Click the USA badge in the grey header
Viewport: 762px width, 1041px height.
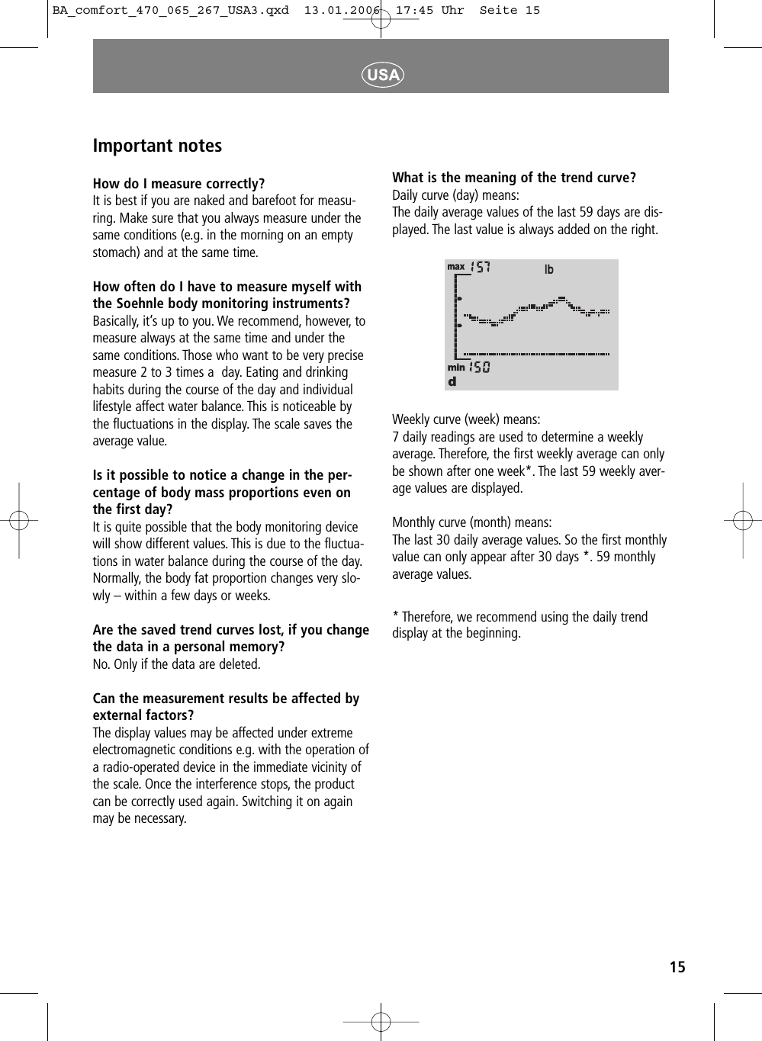(x=382, y=74)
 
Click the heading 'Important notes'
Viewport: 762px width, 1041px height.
(x=157, y=146)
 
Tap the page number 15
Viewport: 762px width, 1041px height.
(x=677, y=968)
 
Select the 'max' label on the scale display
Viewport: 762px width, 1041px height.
(x=456, y=267)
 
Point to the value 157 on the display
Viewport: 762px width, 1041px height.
(x=481, y=267)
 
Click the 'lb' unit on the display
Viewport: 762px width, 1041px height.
(x=548, y=270)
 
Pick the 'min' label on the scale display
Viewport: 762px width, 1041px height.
(x=456, y=368)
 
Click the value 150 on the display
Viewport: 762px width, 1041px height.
(x=480, y=368)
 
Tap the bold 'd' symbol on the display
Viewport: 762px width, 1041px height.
(x=452, y=381)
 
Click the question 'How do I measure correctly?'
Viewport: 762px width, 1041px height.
(x=178, y=184)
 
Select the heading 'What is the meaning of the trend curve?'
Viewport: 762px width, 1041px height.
(x=513, y=178)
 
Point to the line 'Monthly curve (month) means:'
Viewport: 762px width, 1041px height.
(x=471, y=522)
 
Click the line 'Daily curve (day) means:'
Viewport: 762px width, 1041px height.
(x=455, y=195)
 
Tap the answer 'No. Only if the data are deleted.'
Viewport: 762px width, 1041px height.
(x=176, y=664)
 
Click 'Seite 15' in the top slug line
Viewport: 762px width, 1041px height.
(x=510, y=11)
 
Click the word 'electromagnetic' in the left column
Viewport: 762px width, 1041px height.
(x=134, y=750)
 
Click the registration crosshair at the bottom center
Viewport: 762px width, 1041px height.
(x=381, y=1021)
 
